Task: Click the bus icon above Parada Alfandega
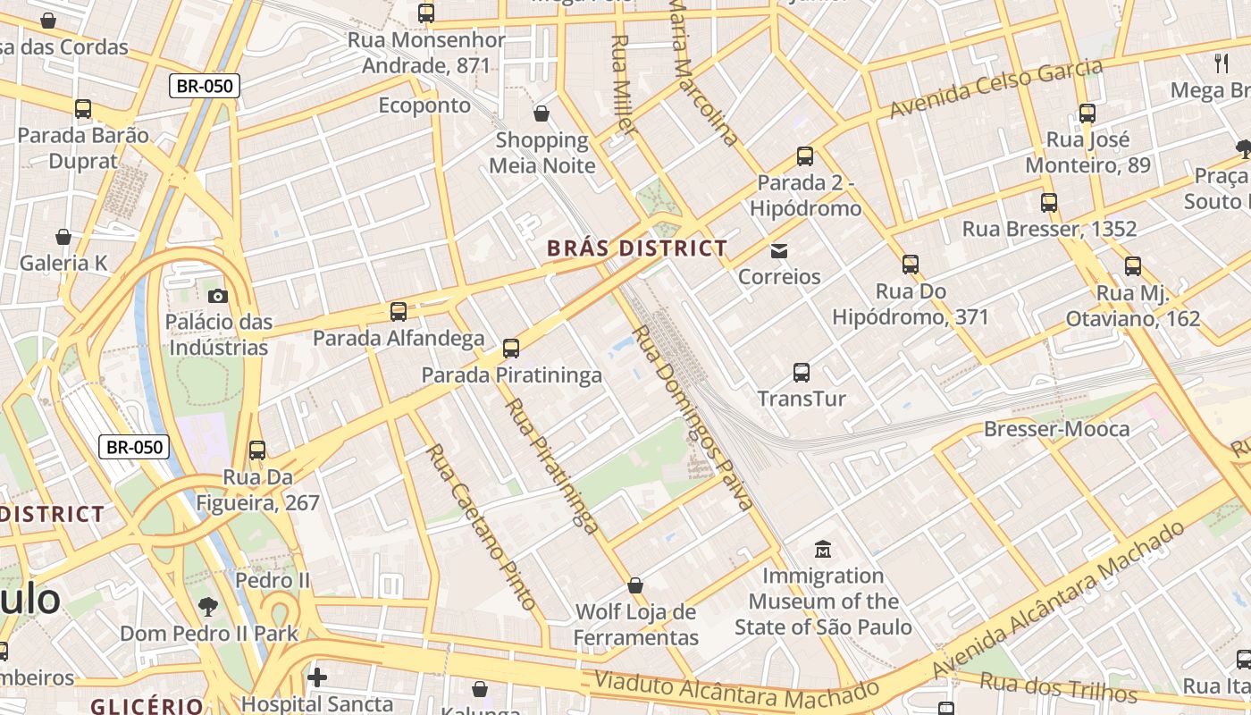coord(399,312)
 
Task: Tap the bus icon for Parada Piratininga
coord(511,349)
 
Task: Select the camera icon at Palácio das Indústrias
coord(217,296)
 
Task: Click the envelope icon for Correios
coord(779,250)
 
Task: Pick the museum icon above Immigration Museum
coord(823,549)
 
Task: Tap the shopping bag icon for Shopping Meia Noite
coord(542,114)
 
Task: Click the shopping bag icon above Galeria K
coord(63,237)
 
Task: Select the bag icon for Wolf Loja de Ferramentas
coord(635,585)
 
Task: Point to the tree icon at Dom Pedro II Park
coord(208,607)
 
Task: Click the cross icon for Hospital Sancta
coord(316,677)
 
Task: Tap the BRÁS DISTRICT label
coord(636,248)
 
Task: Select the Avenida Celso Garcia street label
coord(996,88)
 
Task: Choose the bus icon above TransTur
coord(802,372)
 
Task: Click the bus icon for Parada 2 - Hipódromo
coord(805,156)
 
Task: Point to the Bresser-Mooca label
coord(1056,429)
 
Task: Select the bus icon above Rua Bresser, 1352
coord(1049,203)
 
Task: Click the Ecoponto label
coord(424,105)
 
